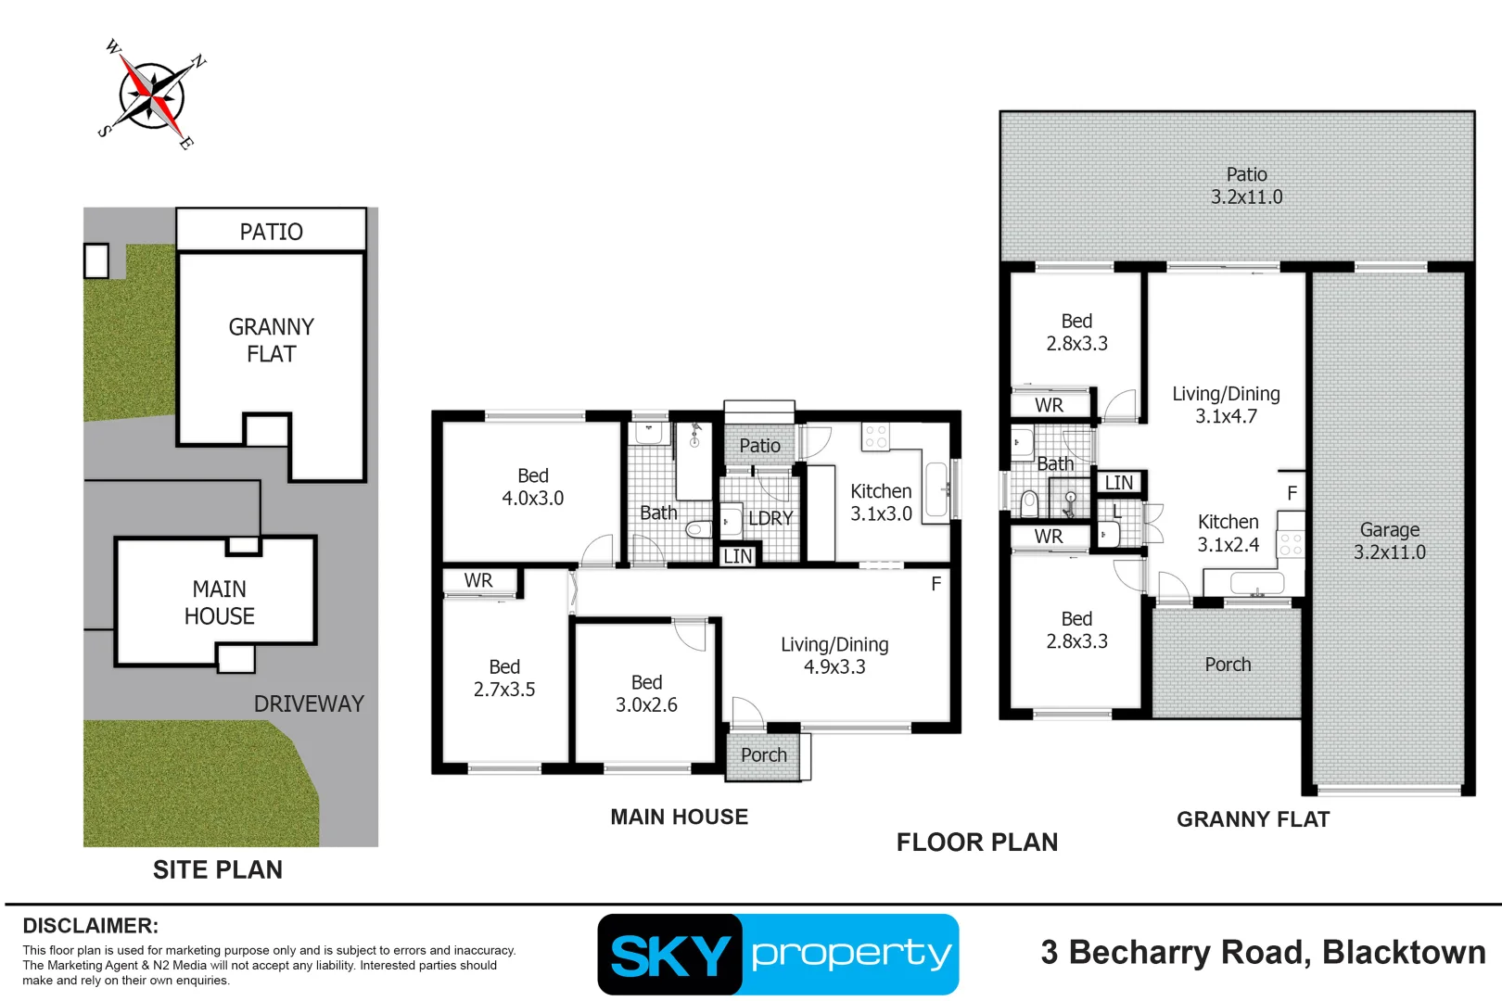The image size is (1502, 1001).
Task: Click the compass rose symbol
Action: [x=152, y=95]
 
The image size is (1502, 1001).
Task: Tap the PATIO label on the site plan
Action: [x=271, y=232]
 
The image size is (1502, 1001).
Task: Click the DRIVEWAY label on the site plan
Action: [x=309, y=703]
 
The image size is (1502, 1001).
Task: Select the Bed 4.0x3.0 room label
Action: [x=532, y=487]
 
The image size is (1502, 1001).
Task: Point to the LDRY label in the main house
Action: [x=770, y=518]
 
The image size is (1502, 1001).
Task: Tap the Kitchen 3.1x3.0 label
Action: [x=881, y=502]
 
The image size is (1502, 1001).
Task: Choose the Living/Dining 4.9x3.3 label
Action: [x=834, y=655]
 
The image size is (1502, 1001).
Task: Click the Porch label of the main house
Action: [x=763, y=755]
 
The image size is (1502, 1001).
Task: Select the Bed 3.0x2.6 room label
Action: [x=646, y=693]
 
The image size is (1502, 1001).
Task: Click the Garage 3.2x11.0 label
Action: [x=1389, y=540]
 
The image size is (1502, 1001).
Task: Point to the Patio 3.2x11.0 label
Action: [x=1246, y=185]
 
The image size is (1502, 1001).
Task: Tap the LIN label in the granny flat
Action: [x=1118, y=483]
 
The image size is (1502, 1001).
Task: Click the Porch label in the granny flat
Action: [x=1228, y=665]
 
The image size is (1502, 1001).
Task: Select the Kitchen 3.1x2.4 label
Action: [x=1228, y=533]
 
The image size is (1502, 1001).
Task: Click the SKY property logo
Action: [x=778, y=954]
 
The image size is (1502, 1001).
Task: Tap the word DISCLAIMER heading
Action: [x=90, y=926]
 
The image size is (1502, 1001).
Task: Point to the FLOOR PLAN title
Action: [x=976, y=842]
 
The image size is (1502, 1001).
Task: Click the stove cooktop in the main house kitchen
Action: [x=875, y=437]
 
